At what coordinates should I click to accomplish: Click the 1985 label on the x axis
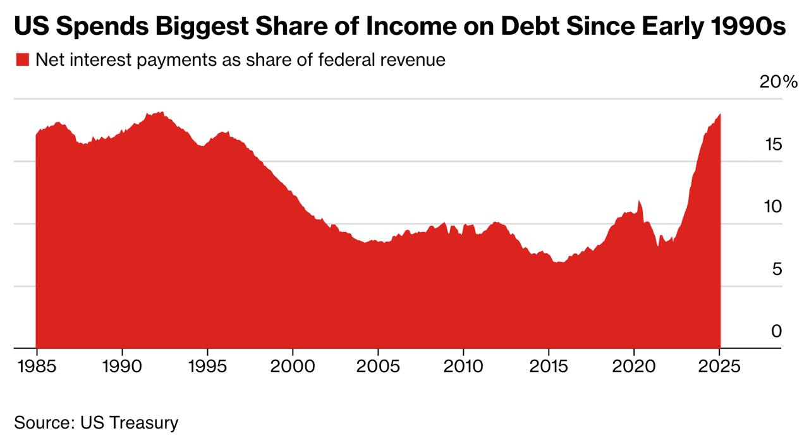(x=37, y=367)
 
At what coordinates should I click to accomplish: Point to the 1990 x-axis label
(x=122, y=367)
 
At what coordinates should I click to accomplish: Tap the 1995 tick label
(x=208, y=367)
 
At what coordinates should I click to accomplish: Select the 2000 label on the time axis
(x=293, y=367)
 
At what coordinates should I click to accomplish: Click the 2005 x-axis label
(x=378, y=367)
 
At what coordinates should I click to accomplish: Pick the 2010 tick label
(x=463, y=367)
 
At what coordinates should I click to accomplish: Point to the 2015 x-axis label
(x=549, y=367)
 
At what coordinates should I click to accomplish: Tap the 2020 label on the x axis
(x=634, y=367)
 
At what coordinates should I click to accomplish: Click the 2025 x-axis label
(x=719, y=367)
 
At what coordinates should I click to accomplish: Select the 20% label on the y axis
(x=778, y=82)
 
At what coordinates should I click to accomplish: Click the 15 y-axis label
(x=773, y=145)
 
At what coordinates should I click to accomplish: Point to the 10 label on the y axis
(x=773, y=207)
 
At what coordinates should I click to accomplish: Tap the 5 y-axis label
(x=777, y=269)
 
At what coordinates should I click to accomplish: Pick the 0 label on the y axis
(x=777, y=331)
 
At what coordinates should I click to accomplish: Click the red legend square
(x=22, y=59)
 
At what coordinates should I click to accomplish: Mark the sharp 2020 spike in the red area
(x=639, y=201)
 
